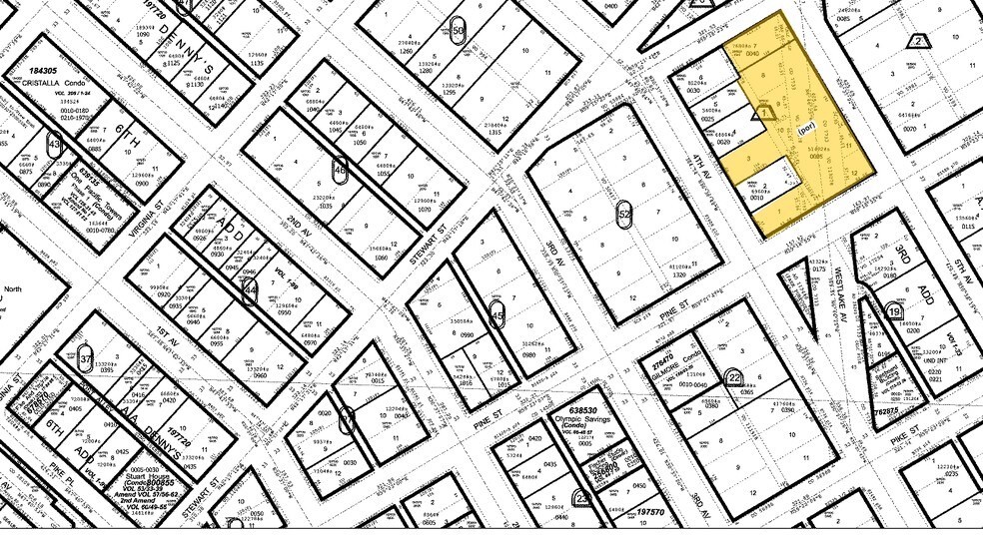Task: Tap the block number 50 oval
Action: tap(459, 30)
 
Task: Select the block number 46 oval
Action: tap(342, 170)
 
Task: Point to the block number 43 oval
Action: tap(54, 144)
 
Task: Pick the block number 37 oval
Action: tap(87, 357)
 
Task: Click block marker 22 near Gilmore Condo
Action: tap(735, 376)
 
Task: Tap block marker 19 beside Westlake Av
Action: tap(894, 311)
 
